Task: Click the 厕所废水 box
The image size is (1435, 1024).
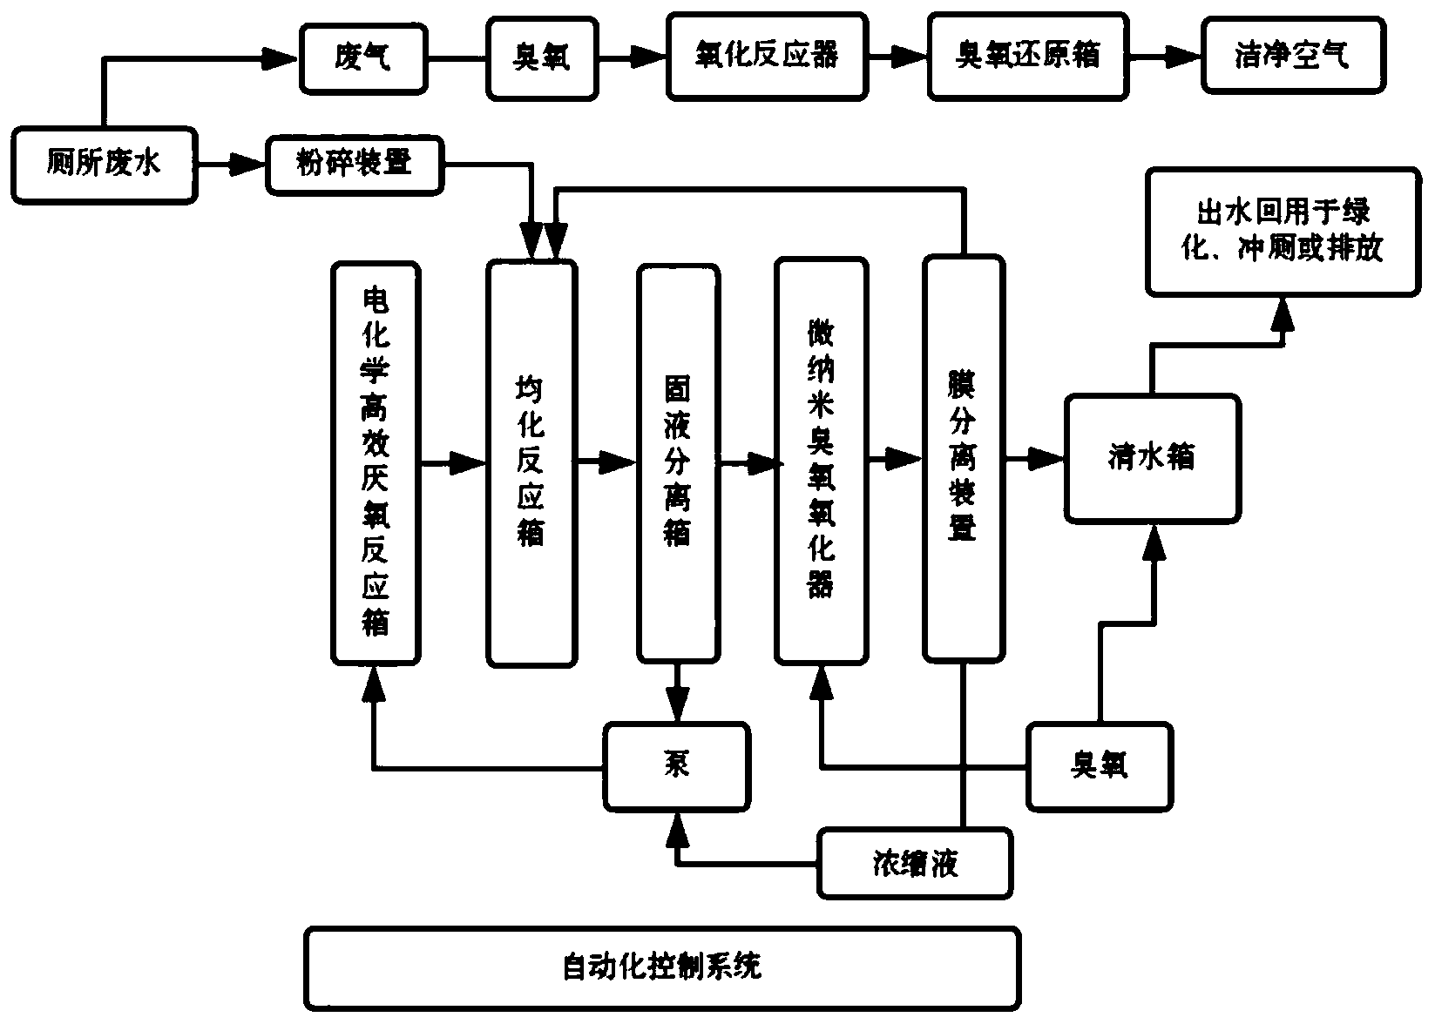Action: coord(104,165)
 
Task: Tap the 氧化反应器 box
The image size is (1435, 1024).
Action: coord(767,57)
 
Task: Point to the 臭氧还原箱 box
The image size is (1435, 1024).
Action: coord(1027,57)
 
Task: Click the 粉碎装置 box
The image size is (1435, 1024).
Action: coord(354,164)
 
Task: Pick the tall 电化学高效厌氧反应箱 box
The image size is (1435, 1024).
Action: coord(376,462)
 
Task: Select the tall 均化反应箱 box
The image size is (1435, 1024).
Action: coord(531,463)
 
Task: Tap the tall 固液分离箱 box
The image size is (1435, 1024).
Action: coord(678,463)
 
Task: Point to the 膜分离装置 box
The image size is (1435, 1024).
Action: coord(963,459)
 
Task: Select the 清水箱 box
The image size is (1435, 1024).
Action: coord(1152,458)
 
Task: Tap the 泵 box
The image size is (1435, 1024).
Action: coord(677,765)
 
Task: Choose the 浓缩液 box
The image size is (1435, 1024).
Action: coord(915,863)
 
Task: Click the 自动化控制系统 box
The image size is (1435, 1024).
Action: coord(662,967)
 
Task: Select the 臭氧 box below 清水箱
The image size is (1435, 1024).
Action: coord(1099,765)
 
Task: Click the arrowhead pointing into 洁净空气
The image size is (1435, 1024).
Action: coord(1185,57)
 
